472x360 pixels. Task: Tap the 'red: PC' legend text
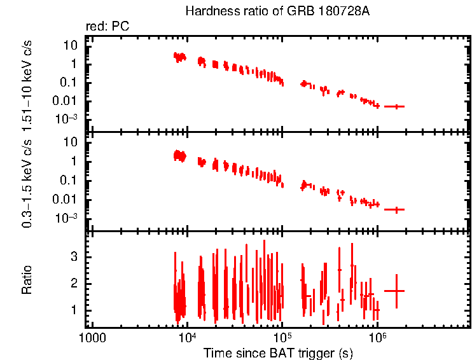pos(112,27)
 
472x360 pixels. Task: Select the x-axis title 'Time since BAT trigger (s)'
pos(279,352)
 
